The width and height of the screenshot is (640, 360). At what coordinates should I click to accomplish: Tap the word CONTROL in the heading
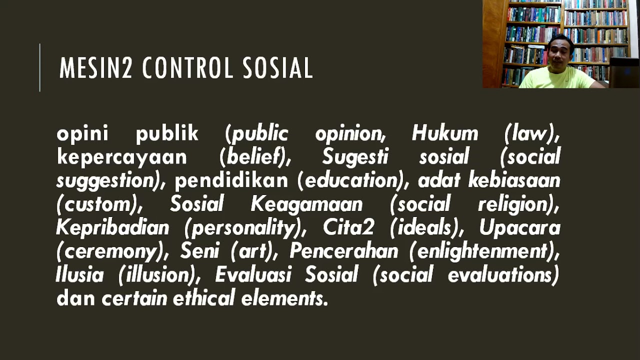tap(188, 68)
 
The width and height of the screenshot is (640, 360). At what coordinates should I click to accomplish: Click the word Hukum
tap(445, 134)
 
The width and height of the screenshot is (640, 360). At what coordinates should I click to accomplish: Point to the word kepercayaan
tap(122, 157)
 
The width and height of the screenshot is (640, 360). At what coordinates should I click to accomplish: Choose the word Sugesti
tap(355, 157)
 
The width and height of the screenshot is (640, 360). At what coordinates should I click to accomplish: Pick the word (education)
tap(350, 181)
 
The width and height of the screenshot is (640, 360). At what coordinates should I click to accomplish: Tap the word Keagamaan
tap(306, 204)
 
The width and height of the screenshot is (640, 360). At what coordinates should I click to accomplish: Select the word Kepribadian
tap(112, 228)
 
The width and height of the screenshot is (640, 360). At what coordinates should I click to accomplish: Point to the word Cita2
tap(348, 228)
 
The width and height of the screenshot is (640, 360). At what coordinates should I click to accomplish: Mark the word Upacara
tap(519, 228)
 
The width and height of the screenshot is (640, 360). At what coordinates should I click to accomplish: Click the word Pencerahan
tap(344, 251)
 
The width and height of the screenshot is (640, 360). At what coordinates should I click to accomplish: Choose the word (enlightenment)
tap(484, 251)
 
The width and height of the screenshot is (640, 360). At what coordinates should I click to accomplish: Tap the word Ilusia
tap(80, 275)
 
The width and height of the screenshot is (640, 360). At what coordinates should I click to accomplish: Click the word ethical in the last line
tap(204, 298)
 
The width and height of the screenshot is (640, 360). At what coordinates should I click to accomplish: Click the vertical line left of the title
tap(40, 68)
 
